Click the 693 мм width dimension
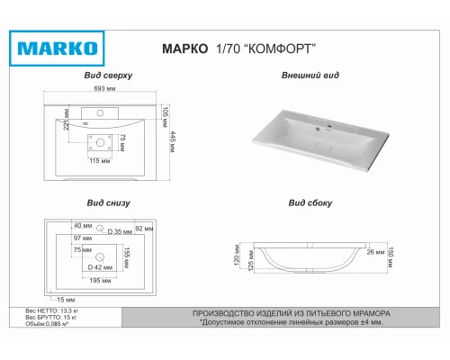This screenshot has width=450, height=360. coord(105,90)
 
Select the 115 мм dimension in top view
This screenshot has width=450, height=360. coord(100,160)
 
